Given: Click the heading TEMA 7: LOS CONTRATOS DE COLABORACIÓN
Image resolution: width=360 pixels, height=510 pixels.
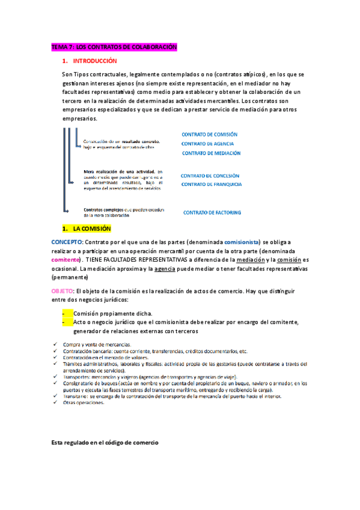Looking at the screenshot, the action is [114, 47].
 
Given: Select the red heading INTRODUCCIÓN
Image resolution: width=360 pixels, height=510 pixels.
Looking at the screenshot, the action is [94, 61].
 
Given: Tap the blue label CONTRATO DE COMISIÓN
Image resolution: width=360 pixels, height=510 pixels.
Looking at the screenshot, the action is [209, 135].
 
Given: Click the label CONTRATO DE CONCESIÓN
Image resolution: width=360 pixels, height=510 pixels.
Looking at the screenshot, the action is [210, 176].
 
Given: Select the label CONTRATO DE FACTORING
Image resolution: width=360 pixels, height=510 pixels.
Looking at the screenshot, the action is [212, 212].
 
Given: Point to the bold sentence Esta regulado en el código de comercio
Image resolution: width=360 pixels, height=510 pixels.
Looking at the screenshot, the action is [105, 442].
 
